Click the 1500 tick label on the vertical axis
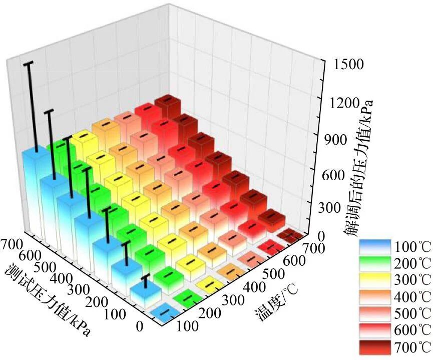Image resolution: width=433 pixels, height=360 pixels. [x=349, y=65]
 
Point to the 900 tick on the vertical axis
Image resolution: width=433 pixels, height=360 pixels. [x=335, y=140]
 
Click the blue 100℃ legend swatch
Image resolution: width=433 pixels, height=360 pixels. [x=375, y=247]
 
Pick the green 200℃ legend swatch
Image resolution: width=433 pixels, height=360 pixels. [x=375, y=263]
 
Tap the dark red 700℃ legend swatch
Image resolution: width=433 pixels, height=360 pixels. [x=375, y=347]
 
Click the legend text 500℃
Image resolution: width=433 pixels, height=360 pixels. [x=412, y=314]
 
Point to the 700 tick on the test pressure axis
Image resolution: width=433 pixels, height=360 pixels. [x=12, y=244]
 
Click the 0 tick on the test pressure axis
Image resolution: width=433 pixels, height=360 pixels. [x=140, y=327]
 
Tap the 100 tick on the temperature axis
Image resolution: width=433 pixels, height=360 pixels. [x=187, y=326]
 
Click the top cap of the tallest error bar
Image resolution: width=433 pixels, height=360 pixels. [x=29, y=64]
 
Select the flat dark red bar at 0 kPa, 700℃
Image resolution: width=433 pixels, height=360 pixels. [x=292, y=235]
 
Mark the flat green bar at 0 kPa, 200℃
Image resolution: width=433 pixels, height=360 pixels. [x=188, y=298]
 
